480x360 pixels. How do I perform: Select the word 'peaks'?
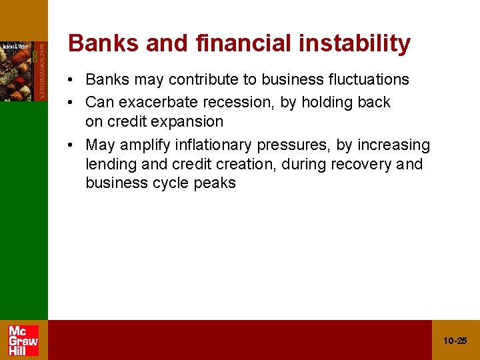(x=216, y=183)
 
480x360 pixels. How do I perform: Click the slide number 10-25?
(x=455, y=341)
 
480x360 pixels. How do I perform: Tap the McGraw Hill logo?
(x=23, y=341)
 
